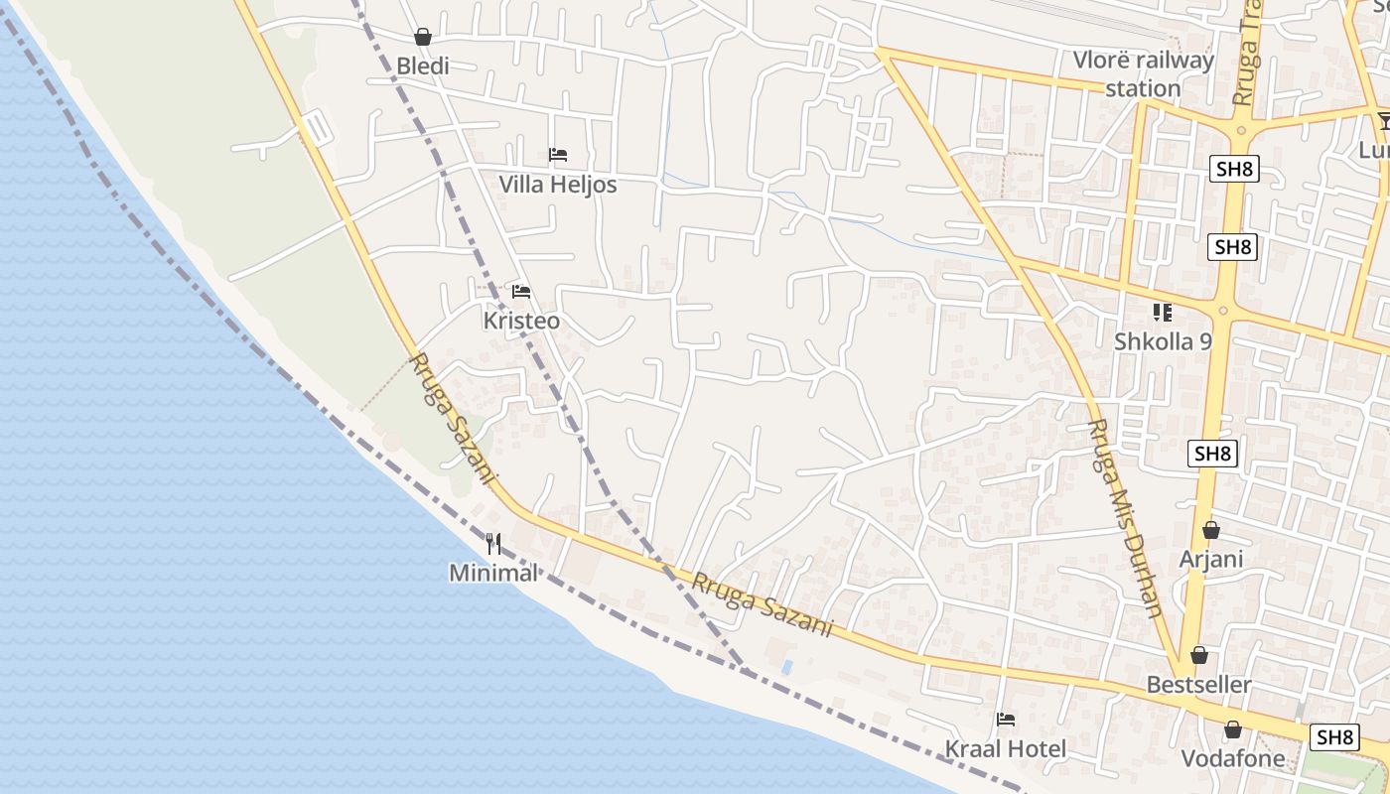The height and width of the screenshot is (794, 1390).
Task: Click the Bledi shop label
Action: coord(423,66)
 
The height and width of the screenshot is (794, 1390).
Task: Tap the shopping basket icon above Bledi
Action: coord(423,38)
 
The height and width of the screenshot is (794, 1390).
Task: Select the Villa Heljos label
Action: coord(557,185)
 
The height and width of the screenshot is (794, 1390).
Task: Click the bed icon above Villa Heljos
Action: coord(558,155)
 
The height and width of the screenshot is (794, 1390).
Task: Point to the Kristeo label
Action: coord(521,322)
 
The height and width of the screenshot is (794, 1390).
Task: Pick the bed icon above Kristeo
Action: coord(521,292)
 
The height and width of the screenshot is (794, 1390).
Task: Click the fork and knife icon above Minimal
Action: coord(493,544)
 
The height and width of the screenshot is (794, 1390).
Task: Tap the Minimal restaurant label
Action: coord(492,573)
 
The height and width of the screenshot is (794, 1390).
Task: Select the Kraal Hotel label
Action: coord(1005,749)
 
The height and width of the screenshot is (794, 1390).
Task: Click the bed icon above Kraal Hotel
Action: coord(1006,720)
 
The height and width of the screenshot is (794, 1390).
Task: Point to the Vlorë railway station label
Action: coord(1143,74)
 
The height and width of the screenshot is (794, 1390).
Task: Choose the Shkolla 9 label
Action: coord(1163,341)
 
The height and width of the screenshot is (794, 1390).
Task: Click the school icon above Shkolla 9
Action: coord(1163,313)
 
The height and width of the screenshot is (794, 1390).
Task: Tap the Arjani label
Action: coord(1210,559)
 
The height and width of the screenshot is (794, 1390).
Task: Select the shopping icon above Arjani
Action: coord(1210,530)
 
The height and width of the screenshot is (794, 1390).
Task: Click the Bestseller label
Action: coord(1198,685)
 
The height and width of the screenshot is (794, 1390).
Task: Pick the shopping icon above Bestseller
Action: coord(1199,656)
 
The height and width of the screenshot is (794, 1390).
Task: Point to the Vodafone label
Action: coord(1232,759)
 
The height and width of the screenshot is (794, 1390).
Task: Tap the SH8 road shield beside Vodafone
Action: coord(1335,737)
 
